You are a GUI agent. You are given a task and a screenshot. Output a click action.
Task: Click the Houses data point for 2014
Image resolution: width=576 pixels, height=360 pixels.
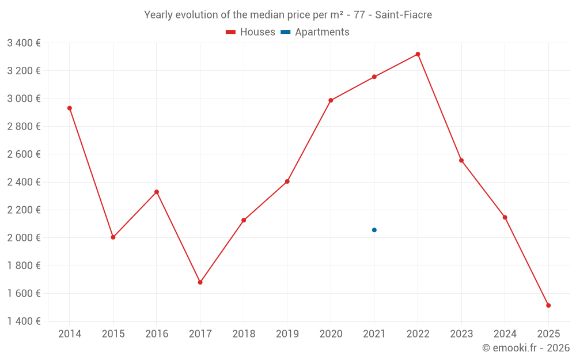(x=70, y=108)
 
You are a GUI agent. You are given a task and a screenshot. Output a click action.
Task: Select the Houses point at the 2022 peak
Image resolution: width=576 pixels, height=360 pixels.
(x=418, y=54)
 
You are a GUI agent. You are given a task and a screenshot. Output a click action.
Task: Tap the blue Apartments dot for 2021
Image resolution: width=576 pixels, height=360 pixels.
(x=374, y=230)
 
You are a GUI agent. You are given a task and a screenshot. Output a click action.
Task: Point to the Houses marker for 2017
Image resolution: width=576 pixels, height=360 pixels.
(x=200, y=282)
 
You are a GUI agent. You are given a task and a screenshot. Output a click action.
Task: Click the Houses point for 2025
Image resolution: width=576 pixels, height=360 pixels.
(x=548, y=305)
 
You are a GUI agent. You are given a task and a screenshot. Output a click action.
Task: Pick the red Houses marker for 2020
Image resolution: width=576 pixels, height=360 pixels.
(x=331, y=100)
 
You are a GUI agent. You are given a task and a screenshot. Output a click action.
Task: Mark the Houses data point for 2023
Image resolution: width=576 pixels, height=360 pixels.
(x=461, y=160)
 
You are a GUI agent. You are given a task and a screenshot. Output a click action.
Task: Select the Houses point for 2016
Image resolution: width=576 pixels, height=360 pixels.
(x=157, y=192)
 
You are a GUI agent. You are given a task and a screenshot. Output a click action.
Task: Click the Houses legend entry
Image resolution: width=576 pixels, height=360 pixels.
(x=251, y=32)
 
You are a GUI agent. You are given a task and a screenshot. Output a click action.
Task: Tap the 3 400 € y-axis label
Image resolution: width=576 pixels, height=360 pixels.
(x=24, y=43)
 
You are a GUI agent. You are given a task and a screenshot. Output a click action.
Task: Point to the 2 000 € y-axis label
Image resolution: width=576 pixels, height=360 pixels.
(x=24, y=238)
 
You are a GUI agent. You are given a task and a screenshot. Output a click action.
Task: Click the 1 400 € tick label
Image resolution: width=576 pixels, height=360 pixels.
(x=24, y=321)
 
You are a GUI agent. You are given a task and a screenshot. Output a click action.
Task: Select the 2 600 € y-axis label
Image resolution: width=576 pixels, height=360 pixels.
(x=24, y=154)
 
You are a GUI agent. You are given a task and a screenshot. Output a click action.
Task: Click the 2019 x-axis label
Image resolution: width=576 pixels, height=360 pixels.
(x=287, y=334)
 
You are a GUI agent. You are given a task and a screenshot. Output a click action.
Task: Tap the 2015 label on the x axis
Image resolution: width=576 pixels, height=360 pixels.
(x=113, y=334)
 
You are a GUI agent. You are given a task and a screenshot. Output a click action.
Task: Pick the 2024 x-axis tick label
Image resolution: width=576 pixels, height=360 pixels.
(x=505, y=334)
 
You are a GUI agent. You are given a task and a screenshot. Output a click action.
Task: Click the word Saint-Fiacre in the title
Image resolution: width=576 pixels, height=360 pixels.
(x=403, y=15)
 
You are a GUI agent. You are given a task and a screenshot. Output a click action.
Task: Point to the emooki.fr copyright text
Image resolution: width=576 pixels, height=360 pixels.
(x=526, y=348)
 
